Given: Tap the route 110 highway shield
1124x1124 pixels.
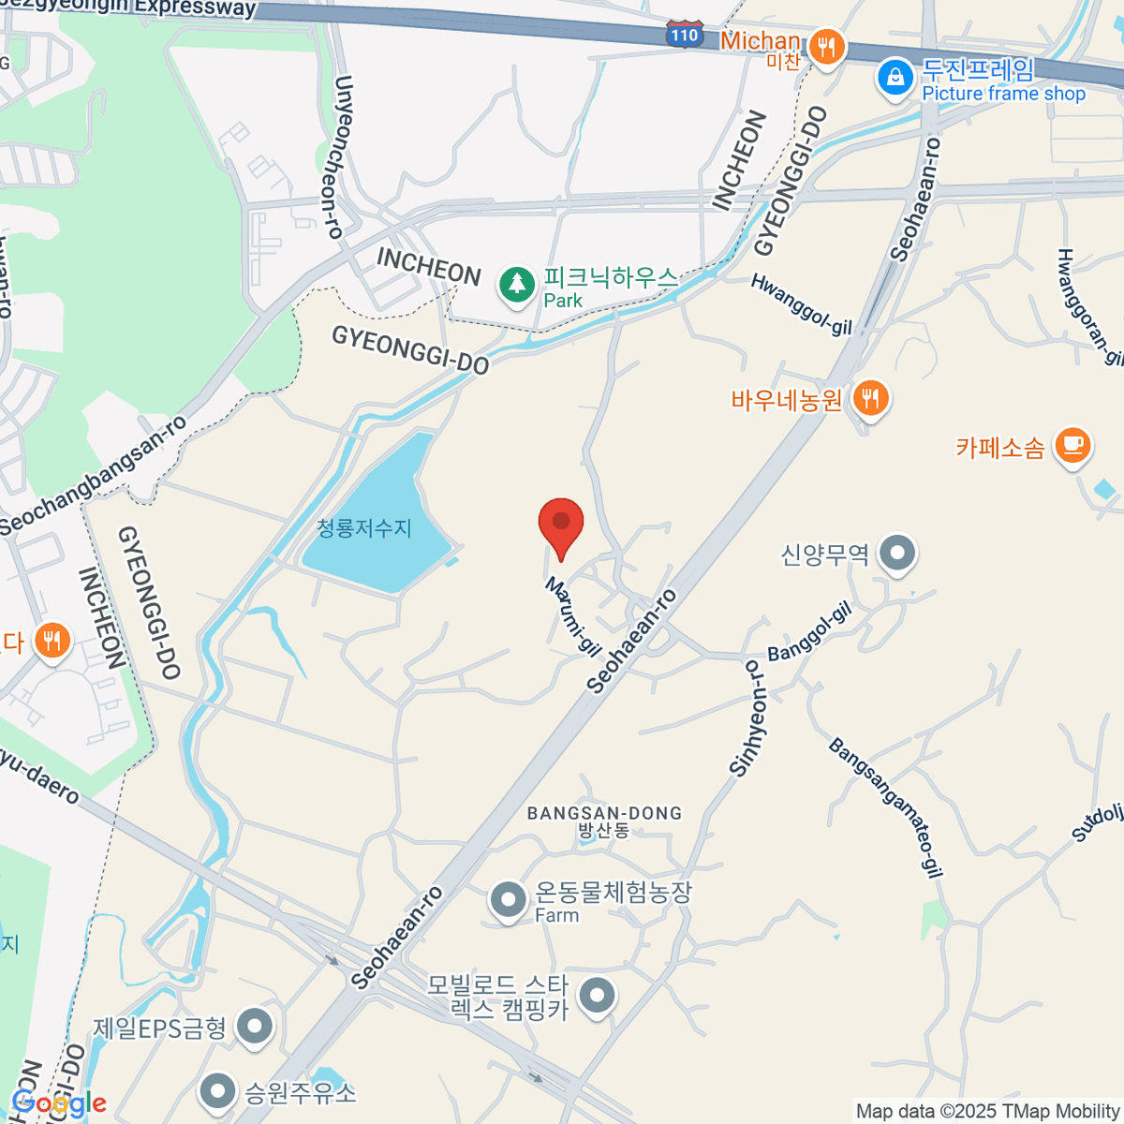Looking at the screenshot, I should click(685, 36).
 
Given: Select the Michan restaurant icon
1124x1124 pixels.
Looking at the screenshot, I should click(826, 46).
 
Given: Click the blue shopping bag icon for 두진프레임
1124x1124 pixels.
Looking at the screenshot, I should click(895, 79).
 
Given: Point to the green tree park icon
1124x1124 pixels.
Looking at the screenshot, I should click(516, 285).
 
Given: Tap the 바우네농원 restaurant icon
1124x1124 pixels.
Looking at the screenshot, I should click(871, 400).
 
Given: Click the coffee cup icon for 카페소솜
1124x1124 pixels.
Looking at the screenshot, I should click(1072, 445).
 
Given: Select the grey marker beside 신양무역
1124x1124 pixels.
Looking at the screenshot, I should click(897, 554).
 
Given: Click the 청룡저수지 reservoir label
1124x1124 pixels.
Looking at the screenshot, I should click(364, 528).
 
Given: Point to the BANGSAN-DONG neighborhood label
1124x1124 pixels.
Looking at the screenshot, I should click(604, 813).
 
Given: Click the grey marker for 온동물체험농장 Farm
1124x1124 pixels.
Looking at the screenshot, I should click(509, 900).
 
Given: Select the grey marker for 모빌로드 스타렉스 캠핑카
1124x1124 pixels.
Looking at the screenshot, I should click(596, 997).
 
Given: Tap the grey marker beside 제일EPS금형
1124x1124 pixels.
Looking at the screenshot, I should click(254, 1028).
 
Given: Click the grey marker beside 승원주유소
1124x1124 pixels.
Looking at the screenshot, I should click(218, 1091).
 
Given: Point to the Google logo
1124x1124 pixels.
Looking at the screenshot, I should click(58, 1103).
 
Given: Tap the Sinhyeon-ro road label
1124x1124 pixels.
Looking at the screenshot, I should click(748, 719).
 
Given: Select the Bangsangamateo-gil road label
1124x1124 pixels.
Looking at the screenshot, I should click(884, 807).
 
